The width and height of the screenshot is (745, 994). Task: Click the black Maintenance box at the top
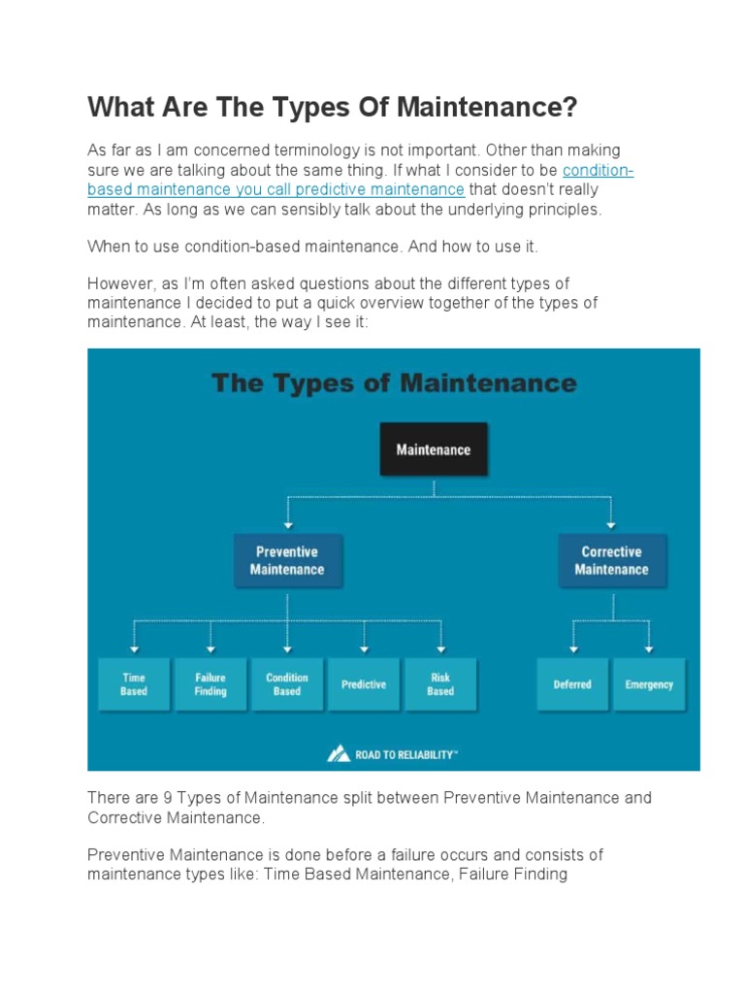click(433, 449)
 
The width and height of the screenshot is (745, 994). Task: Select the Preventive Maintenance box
click(287, 561)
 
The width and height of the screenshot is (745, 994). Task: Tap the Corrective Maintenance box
click(611, 561)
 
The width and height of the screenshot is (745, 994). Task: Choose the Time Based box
click(134, 684)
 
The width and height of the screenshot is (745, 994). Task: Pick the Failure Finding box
click(211, 684)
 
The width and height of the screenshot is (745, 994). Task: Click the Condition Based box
click(287, 684)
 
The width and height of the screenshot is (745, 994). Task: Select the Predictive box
click(364, 684)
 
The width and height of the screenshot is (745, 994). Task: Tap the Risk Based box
click(440, 684)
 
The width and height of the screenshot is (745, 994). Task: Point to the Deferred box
click(572, 684)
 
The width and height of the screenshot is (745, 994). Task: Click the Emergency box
click(649, 684)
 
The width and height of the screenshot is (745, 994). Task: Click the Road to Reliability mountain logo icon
click(339, 753)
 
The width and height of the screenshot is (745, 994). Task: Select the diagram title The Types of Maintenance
click(394, 383)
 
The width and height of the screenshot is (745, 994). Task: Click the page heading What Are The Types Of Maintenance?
click(332, 107)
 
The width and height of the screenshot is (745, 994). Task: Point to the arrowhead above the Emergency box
click(649, 649)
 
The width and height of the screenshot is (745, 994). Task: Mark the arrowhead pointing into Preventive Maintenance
click(287, 525)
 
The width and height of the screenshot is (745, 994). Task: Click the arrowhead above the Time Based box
click(134, 649)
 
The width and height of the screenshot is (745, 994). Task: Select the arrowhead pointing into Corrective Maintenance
click(611, 525)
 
